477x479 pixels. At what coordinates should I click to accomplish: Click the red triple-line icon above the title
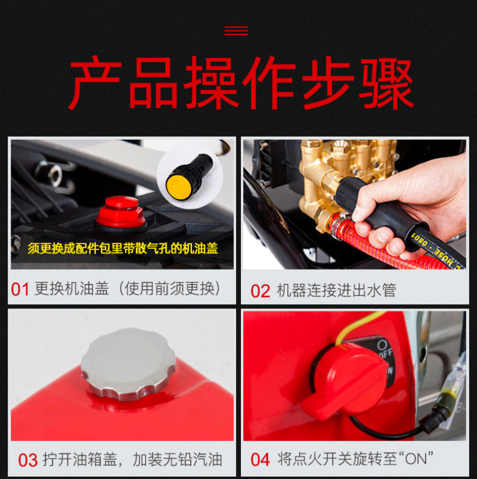(x=236, y=30)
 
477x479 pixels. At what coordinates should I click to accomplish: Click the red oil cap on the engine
(x=121, y=212)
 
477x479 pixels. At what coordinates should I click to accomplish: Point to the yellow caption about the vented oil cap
(x=123, y=248)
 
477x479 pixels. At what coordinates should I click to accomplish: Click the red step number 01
(x=20, y=289)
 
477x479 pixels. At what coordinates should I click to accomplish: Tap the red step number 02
(x=260, y=291)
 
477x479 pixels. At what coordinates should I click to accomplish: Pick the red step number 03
(x=28, y=461)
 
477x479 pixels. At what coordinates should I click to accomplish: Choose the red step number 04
(x=260, y=459)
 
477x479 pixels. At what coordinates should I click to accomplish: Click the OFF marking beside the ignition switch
(x=385, y=354)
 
